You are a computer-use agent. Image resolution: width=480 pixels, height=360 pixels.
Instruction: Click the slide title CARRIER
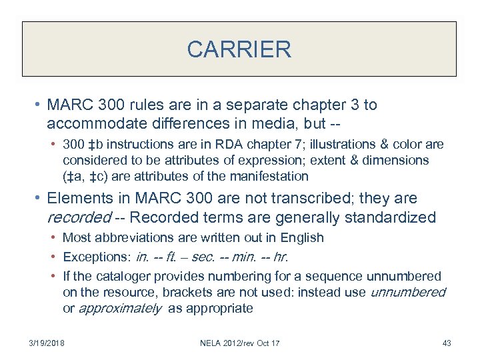(239, 49)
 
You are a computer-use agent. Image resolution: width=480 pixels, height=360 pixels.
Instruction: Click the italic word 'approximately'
(120, 309)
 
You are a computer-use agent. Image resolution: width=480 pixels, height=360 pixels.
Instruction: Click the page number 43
(447, 343)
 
